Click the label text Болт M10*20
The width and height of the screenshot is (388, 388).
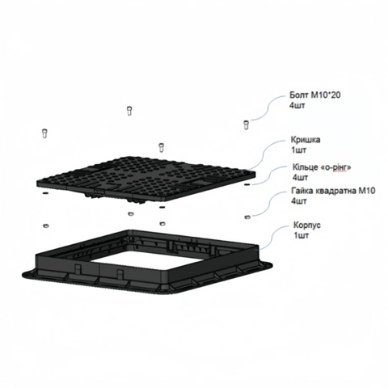coord(314,95)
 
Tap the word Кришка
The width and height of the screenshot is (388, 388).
coord(306,140)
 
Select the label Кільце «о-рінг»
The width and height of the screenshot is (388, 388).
coord(322,167)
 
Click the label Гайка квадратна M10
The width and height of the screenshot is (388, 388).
coord(333,191)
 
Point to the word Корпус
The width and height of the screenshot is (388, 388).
coord(307,225)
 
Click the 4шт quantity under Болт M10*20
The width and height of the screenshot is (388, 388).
coord(297,105)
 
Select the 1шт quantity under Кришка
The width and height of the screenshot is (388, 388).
coord(298,150)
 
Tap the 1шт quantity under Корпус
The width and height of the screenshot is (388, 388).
coord(302,235)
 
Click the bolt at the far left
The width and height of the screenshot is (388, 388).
coord(44,133)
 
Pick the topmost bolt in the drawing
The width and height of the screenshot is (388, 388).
coord(129,111)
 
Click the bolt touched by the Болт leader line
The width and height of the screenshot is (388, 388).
coord(247,124)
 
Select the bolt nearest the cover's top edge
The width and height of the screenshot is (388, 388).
coord(162,147)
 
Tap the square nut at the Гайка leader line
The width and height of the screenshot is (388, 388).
coord(247,217)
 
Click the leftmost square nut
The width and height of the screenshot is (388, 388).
coord(46,226)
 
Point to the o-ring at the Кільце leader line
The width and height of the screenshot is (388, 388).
coord(247,185)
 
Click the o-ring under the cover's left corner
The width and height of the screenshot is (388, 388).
coord(45,193)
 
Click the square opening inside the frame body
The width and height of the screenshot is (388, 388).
coord(127,259)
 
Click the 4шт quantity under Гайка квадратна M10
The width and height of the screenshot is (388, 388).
coord(298,201)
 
